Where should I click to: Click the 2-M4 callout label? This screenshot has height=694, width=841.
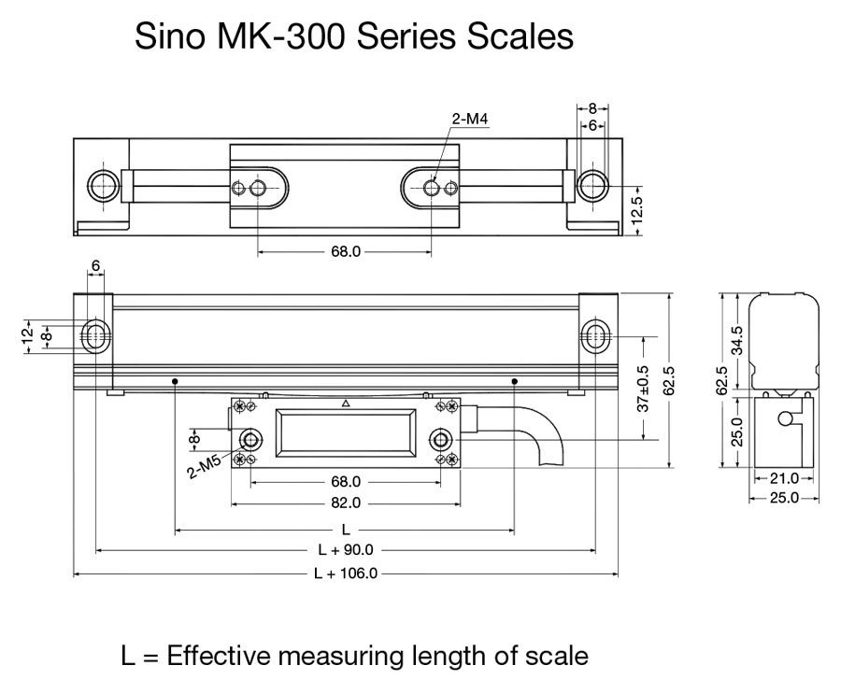(x=469, y=119)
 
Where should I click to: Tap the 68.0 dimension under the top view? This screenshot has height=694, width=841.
(x=344, y=252)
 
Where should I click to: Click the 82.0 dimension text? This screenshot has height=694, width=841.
(x=344, y=503)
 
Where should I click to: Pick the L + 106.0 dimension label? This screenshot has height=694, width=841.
(x=344, y=574)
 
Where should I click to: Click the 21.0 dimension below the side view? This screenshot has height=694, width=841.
(x=782, y=479)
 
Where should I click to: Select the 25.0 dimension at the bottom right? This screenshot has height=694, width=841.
(x=782, y=499)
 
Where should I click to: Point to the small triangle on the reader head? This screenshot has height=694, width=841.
(x=346, y=404)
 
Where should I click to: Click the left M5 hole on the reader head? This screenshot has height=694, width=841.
(x=250, y=440)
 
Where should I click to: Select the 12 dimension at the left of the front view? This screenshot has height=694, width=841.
(x=27, y=334)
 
